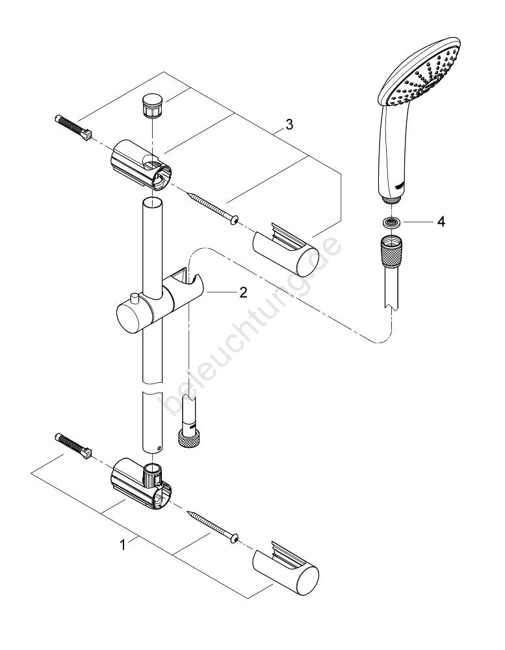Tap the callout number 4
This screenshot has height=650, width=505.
coord(441,222)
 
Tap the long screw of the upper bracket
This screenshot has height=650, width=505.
coord(211,207)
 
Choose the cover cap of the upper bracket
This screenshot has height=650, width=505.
coord(285,250)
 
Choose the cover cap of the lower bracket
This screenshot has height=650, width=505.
coord(286,567)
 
